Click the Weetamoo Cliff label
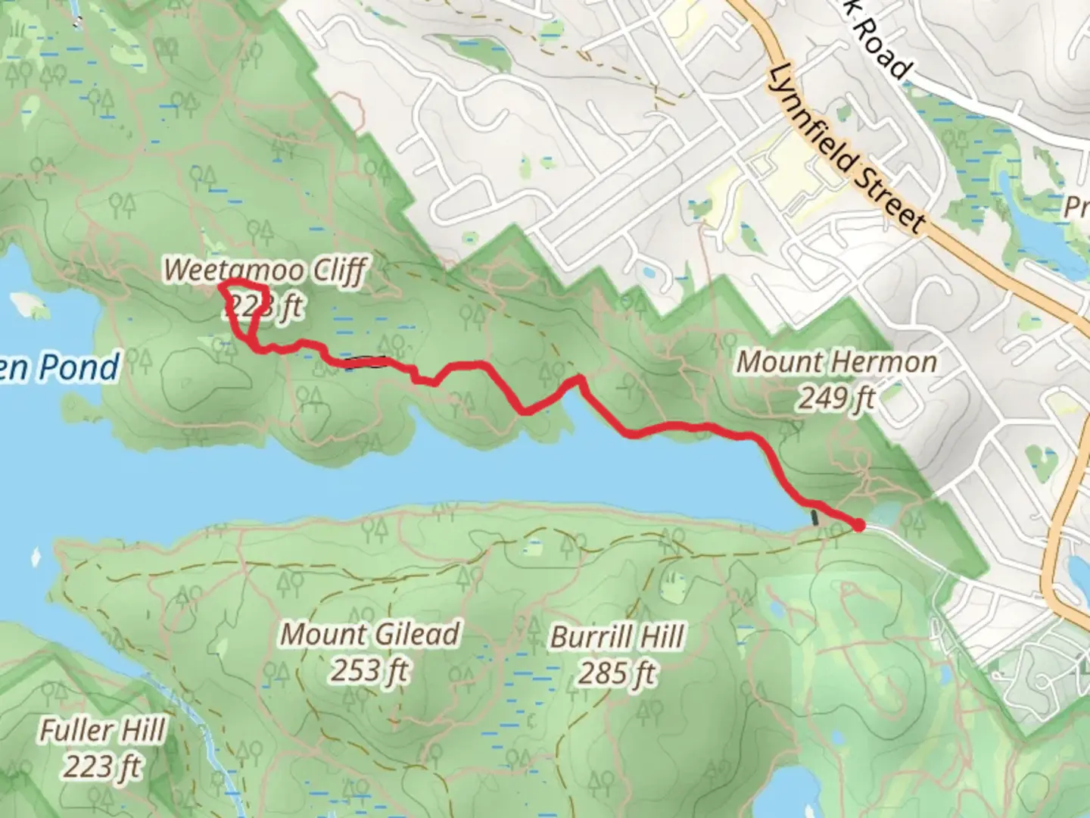pos(265,270)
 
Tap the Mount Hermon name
pos(836,362)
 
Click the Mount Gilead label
pos(370,634)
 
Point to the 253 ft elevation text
pos(369,670)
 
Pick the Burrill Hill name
pos(617,637)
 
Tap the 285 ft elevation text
pos(617,673)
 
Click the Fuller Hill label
pos(102,731)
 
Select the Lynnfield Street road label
pos(846,149)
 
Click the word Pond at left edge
pos(79,367)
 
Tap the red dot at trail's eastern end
pos(859,525)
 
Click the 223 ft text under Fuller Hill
pos(102,766)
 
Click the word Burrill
pos(584,637)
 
